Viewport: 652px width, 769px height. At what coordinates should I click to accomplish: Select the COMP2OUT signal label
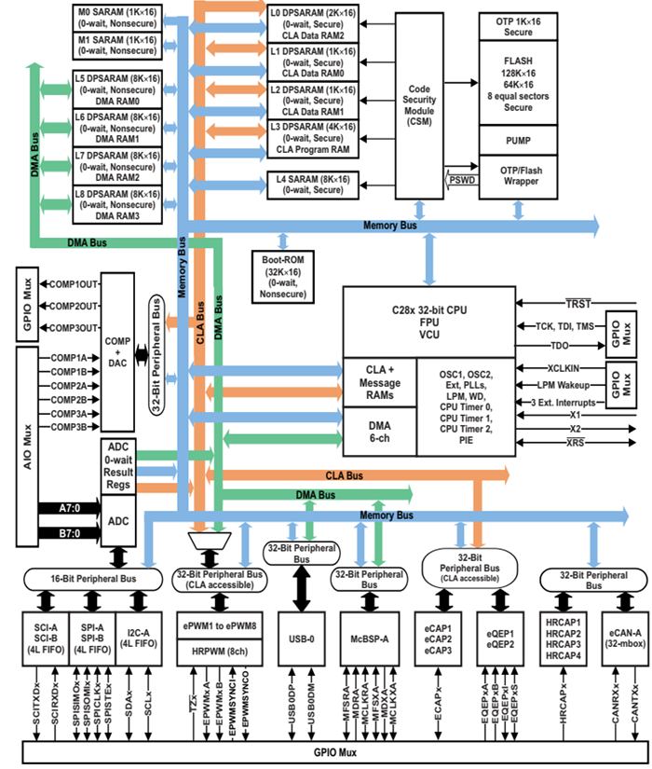(75, 306)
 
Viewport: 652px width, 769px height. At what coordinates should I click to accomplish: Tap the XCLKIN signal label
(564, 368)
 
